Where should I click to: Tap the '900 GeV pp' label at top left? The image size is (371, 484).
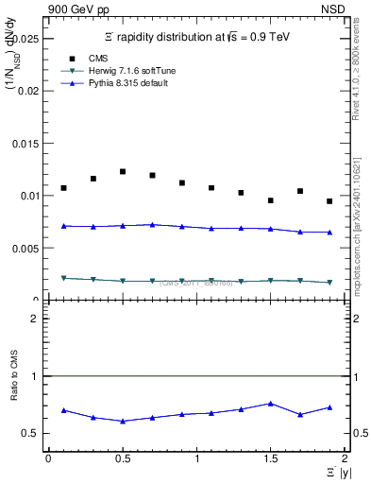pos(78,9)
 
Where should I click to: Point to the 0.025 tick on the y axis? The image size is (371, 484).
pos(26,39)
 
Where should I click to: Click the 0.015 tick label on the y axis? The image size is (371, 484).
pos(26,144)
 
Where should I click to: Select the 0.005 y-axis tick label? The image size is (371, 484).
pos(26,249)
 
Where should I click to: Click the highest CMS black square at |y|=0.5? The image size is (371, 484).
pos(123,171)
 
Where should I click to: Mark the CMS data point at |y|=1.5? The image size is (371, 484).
pos(271,200)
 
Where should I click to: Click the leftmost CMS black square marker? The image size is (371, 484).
pos(63,188)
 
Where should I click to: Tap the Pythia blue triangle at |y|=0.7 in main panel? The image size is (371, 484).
pos(152,225)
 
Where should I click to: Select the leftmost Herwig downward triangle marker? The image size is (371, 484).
pos(63,278)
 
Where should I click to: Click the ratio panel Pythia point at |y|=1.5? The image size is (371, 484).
pos(271,404)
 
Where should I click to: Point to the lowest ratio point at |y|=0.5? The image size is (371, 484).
pos(123,421)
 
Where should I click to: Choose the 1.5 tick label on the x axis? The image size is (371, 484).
pos(271,458)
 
